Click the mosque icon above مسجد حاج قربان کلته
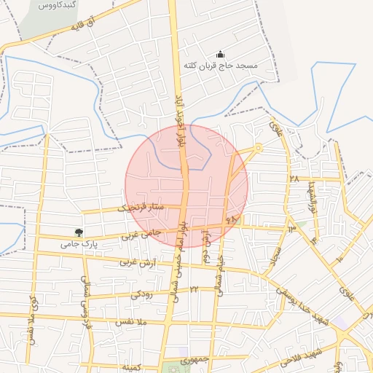[221, 55]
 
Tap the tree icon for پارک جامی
[89, 232]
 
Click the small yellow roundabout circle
[259, 149]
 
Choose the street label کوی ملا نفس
[31, 319]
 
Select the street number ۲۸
[294, 178]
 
